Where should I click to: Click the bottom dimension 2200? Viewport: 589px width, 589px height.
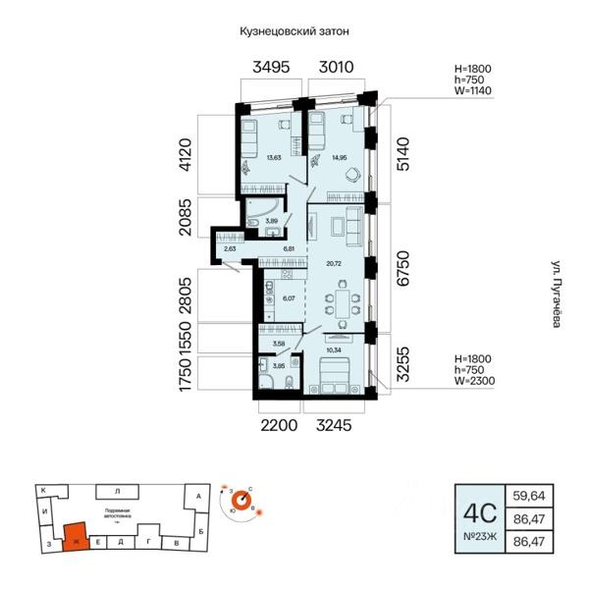(x=277, y=424)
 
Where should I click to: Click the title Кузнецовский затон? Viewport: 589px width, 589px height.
(x=294, y=30)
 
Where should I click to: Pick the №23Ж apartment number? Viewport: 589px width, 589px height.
(x=478, y=536)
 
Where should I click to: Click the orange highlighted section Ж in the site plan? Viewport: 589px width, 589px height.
(x=75, y=536)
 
